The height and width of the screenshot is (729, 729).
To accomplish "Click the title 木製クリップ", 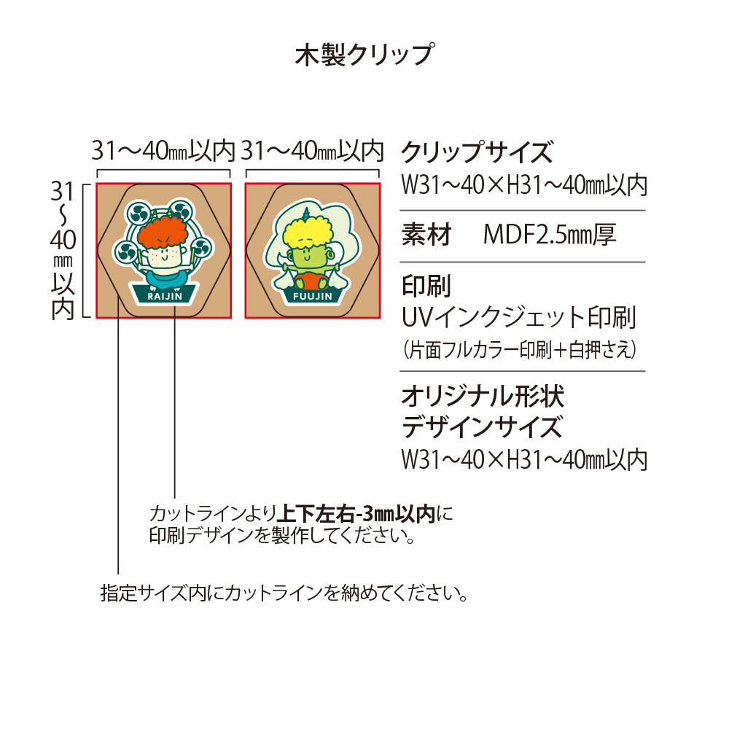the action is click(365, 55).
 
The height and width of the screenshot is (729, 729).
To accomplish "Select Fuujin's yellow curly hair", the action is click(308, 232).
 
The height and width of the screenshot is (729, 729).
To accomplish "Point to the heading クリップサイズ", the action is click(477, 152).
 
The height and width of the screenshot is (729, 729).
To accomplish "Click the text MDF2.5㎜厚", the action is click(550, 235).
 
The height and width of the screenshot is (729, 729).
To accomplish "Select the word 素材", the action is click(426, 235).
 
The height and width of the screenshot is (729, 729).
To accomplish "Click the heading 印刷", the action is click(426, 286).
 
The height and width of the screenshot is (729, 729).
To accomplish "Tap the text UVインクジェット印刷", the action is click(519, 317).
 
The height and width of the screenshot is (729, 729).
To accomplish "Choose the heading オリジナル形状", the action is click(483, 397).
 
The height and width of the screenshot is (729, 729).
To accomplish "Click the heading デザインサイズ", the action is click(482, 427).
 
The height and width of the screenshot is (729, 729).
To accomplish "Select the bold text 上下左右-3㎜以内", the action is click(356, 514).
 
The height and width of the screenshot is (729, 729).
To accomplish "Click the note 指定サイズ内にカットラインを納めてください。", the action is click(284, 593).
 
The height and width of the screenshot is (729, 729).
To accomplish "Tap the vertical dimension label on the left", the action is click(63, 250).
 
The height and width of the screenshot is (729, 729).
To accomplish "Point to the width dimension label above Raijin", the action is click(163, 151).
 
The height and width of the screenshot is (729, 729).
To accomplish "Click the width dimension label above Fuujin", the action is click(313, 151).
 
